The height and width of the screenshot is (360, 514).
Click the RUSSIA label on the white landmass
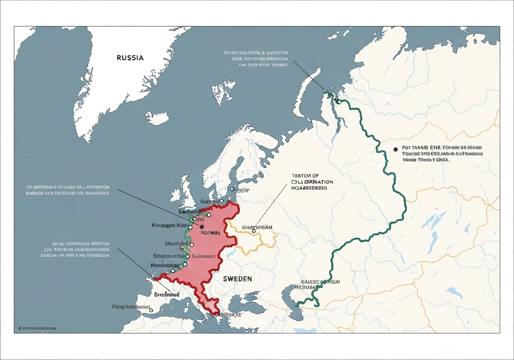pyautogui.click(x=130, y=57)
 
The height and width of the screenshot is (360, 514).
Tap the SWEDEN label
pyautogui.click(x=237, y=279)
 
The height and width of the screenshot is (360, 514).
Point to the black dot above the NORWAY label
pyautogui.click(x=202, y=227)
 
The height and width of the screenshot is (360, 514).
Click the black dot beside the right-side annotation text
pyautogui.click(x=396, y=149)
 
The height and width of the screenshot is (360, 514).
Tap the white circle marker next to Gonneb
pyautogui.click(x=221, y=201)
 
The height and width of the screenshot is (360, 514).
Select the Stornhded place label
pyautogui.click(x=176, y=243)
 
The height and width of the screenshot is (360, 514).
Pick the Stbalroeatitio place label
pyautogui.click(x=168, y=256)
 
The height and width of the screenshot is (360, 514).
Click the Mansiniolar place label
pyautogui.click(x=165, y=265)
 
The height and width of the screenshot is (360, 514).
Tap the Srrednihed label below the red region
pyautogui.click(x=167, y=294)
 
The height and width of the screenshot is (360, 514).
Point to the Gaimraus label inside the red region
pyautogui.click(x=204, y=256)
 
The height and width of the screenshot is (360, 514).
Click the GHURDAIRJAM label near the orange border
pyautogui.click(x=257, y=227)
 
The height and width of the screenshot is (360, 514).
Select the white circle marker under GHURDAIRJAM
pyautogui.click(x=254, y=231)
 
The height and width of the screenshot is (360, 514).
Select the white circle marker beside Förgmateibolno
pyautogui.click(x=151, y=310)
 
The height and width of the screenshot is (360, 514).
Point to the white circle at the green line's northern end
pyautogui.click(x=339, y=102)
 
